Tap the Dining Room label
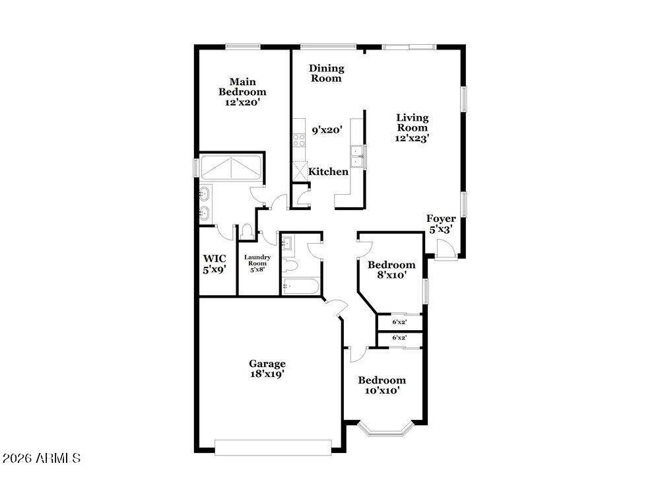point(327,73)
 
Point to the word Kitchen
point(328,172)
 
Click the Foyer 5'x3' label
point(441,224)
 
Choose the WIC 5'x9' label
point(214,264)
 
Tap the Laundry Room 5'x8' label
point(257,263)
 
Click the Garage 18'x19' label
point(267,368)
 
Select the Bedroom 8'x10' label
point(391,269)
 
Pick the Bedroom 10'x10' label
point(381,386)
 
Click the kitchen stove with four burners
point(299,140)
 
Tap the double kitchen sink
point(357,156)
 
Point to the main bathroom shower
point(231,168)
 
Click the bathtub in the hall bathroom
point(300,287)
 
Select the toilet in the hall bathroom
point(290,265)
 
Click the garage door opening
point(273,447)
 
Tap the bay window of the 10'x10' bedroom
point(384,429)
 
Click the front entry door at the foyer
point(445,250)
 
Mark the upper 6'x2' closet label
point(399,322)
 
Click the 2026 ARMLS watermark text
point(41,458)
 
